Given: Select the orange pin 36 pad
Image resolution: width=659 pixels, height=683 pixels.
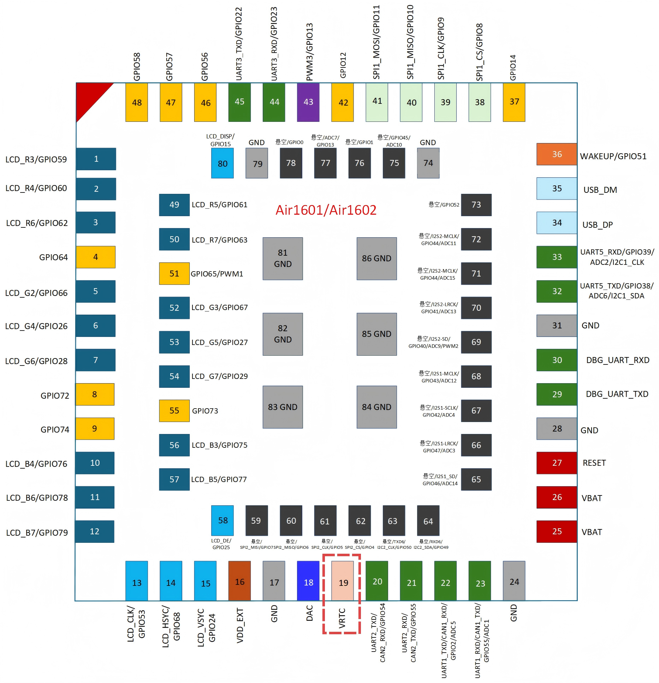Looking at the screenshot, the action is (557, 154).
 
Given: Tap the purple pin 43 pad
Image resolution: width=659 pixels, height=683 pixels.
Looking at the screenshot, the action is (308, 102).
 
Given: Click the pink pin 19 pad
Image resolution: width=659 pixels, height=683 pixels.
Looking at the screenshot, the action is (343, 581).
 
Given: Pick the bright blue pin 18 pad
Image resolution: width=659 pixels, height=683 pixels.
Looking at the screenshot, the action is (308, 581).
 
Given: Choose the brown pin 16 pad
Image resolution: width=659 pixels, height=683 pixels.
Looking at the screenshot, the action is (239, 581).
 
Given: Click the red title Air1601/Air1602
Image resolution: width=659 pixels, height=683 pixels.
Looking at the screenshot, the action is (326, 210).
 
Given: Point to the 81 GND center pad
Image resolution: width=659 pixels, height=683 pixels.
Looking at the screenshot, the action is (283, 259).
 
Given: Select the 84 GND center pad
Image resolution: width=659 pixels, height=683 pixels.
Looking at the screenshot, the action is (376, 407).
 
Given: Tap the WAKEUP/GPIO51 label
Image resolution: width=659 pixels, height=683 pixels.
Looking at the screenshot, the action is (613, 156).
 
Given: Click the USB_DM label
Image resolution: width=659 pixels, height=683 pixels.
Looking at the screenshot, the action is (600, 190).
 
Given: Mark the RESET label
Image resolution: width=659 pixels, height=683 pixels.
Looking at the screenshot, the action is (594, 463).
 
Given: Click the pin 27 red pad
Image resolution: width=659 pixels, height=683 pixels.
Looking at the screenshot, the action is (557, 463).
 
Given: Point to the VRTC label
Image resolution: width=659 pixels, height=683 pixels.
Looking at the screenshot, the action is (342, 618).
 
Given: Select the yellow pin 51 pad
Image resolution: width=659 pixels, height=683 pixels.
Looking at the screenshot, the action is (174, 273).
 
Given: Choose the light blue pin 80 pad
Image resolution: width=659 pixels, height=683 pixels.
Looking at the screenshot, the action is (222, 163).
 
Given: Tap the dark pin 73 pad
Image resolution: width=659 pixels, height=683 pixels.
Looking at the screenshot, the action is (476, 205).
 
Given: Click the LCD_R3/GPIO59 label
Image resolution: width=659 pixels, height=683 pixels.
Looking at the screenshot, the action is (36, 160).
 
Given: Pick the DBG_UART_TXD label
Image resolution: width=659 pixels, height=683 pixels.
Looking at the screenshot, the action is (617, 394).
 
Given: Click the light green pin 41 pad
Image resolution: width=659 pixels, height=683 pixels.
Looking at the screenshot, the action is (377, 102).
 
